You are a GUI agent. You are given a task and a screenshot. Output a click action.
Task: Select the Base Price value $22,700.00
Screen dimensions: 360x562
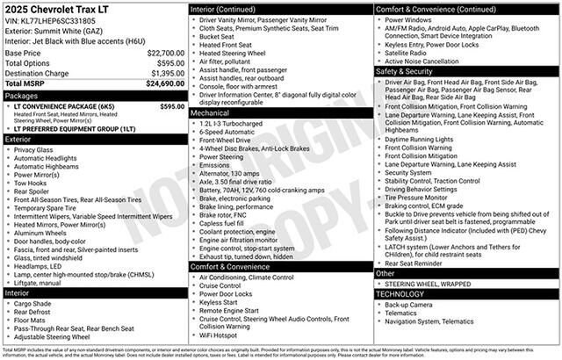tap(165, 53)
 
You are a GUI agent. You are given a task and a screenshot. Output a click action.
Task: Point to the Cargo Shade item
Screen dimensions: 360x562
tap(32, 303)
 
